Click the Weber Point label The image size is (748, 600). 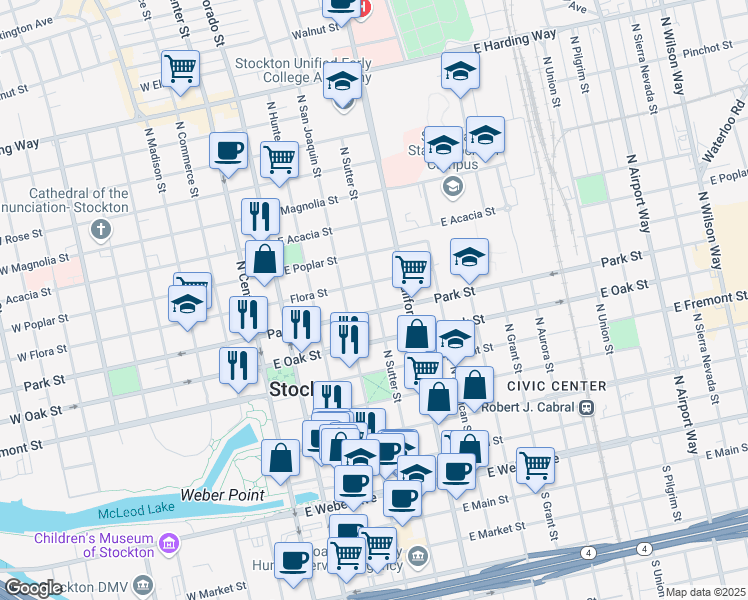[x=222, y=495]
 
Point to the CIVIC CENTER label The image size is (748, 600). [x=556, y=386]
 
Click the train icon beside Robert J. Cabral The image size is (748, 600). [x=588, y=408]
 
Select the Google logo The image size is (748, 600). [x=33, y=588]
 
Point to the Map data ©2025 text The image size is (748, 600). [x=706, y=592]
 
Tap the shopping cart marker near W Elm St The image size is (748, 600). [x=180, y=69]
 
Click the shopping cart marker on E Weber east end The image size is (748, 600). [x=536, y=463]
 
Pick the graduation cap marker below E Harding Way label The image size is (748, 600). [x=460, y=70]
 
